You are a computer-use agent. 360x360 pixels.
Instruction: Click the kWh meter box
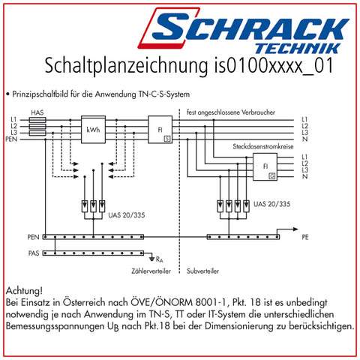coord(93,129)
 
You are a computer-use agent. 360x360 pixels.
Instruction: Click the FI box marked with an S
coord(160,129)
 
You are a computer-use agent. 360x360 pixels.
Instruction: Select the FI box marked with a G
coord(265,166)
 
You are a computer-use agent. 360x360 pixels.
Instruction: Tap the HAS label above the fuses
coord(37,112)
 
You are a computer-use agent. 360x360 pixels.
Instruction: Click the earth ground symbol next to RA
coord(151,259)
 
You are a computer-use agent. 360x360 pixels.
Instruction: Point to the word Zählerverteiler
coord(151,271)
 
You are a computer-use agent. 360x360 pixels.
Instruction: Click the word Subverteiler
coord(202,271)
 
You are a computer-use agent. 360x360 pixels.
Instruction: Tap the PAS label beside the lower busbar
coord(34,253)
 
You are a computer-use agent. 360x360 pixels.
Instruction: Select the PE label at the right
coord(305,237)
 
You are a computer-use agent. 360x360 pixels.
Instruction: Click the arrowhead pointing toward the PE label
coord(295,229)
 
